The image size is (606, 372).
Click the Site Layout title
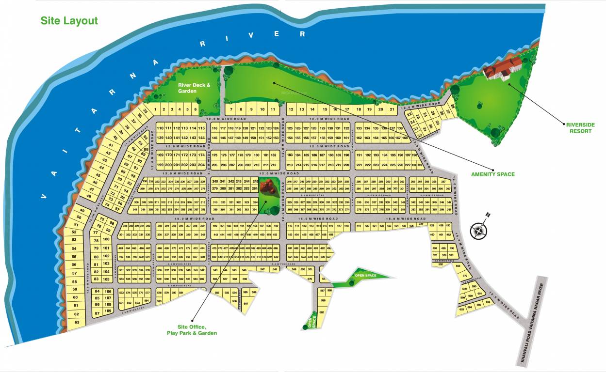click(69, 21)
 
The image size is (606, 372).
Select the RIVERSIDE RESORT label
click(580, 128)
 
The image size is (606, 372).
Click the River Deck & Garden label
click(194, 88)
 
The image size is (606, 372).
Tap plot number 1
click(156, 109)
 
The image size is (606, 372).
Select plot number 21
click(392, 109)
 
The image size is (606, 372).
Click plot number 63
click(76, 322)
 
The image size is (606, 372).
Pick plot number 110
click(160, 128)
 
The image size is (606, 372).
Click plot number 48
click(89, 197)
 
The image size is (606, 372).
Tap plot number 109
click(108, 311)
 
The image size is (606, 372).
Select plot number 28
click(453, 106)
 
